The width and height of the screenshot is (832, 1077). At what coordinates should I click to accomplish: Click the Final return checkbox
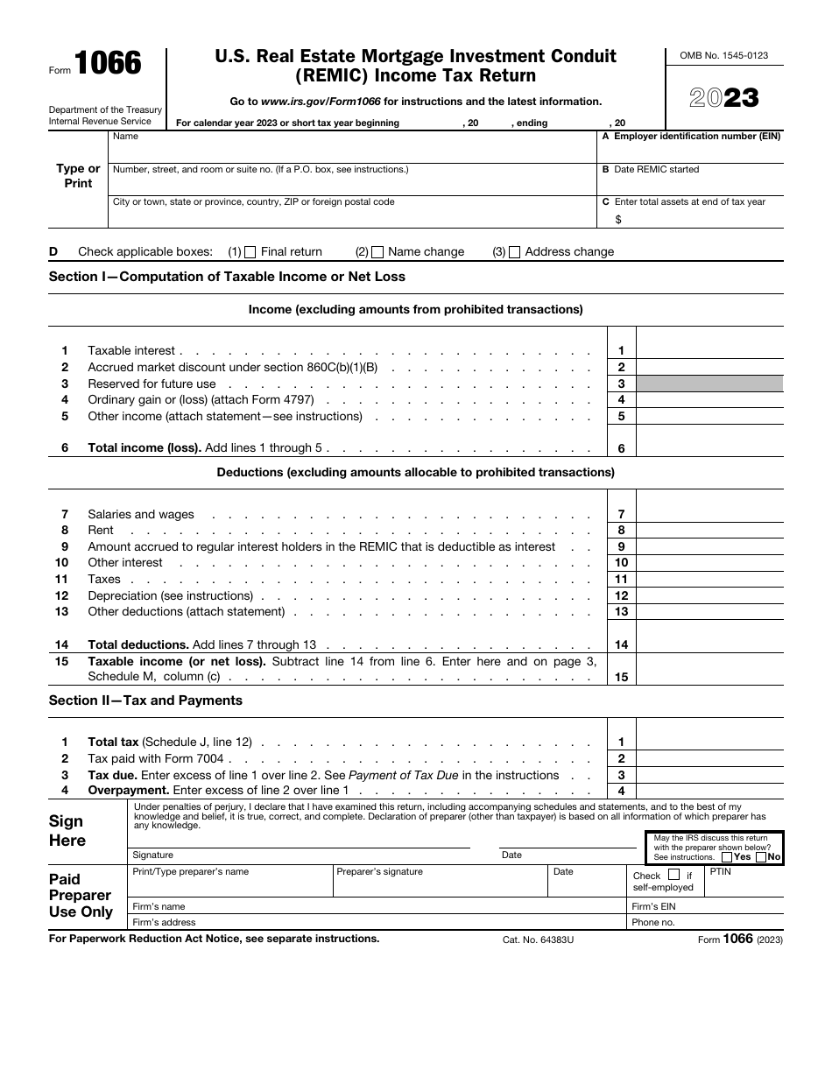coord(250,252)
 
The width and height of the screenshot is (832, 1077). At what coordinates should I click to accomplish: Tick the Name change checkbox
coord(377,252)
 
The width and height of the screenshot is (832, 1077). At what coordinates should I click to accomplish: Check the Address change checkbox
coord(514,252)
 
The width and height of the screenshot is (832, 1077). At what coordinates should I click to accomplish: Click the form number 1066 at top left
coord(107,63)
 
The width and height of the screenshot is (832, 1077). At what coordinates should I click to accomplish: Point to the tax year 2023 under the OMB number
coord(724,97)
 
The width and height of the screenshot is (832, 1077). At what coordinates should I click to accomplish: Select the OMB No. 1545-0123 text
coord(724,55)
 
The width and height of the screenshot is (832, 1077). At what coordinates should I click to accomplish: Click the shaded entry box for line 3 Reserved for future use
coord(709,384)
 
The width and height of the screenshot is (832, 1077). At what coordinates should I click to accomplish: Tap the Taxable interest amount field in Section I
coord(709,350)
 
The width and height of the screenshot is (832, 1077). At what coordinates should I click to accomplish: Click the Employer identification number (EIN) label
coord(691,137)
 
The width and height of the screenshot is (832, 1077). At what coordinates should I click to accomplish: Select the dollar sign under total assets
coord(618,220)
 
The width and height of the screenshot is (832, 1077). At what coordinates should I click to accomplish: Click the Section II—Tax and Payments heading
coord(145,700)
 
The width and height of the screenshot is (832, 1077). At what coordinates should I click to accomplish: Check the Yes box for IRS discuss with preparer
coord(727,857)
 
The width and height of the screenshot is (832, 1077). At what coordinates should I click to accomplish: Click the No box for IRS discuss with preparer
coord(760,857)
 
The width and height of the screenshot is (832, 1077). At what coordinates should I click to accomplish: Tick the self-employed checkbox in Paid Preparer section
coord(673,875)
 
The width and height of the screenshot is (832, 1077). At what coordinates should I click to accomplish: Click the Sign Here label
coord(67,831)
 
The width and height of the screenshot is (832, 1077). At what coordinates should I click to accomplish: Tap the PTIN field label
coord(720,872)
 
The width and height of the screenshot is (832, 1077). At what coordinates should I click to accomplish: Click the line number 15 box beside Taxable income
coord(621,677)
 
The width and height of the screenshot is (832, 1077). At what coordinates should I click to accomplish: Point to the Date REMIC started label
coord(650,170)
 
